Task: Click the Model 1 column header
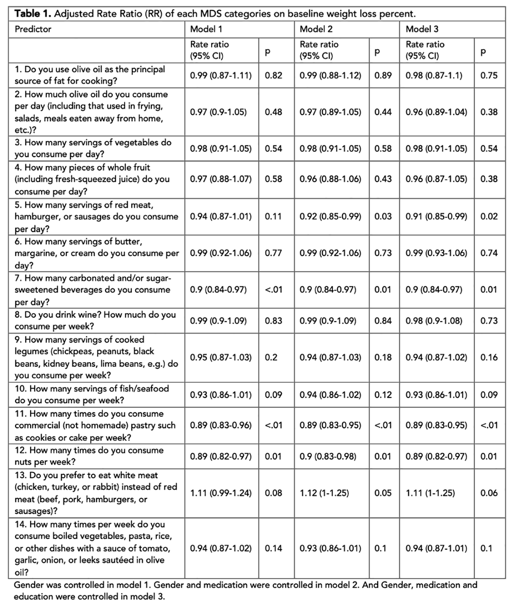click(x=206, y=29)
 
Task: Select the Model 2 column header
click(x=316, y=29)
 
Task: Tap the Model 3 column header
click(x=422, y=29)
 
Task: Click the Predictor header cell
click(x=33, y=29)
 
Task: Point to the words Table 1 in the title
click(x=33, y=14)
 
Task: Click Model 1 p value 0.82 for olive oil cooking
click(x=273, y=75)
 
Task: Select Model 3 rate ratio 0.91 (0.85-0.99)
click(x=436, y=216)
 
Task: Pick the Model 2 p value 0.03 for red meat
click(x=383, y=216)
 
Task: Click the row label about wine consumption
click(x=95, y=321)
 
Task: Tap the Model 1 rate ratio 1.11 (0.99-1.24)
click(x=221, y=493)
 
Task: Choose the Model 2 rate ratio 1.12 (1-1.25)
click(x=325, y=493)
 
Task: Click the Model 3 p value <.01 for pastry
click(x=489, y=425)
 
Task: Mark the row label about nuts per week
click(x=89, y=456)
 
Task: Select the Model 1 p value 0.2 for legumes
click(x=271, y=357)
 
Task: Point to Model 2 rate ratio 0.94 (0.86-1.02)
click(x=330, y=395)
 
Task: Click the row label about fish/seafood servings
click(x=92, y=395)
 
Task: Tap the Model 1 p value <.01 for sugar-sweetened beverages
click(x=273, y=290)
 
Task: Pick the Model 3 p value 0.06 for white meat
click(x=489, y=493)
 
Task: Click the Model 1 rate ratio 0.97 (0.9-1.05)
click(x=218, y=112)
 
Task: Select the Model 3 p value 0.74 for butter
click(x=489, y=253)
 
